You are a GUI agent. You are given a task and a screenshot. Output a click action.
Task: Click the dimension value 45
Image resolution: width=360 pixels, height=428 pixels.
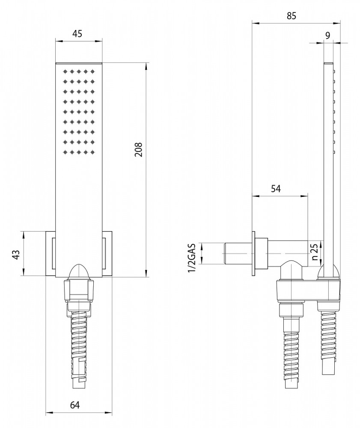77,34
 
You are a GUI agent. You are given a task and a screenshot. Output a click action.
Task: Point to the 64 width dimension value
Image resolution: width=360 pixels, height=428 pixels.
75,404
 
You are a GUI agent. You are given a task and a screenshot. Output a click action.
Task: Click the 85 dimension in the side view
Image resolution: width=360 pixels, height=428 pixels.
292,16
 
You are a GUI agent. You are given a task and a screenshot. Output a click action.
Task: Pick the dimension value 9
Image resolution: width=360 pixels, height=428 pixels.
327,36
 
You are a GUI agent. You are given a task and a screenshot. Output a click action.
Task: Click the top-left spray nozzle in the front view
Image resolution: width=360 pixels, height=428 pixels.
65,72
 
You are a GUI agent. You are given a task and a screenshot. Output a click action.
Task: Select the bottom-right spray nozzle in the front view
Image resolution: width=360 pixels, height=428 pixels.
92,152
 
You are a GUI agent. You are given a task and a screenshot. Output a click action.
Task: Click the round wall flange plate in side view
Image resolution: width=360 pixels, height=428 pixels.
255,254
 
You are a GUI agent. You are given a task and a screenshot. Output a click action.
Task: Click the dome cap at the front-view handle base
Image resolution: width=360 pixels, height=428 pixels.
79,270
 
